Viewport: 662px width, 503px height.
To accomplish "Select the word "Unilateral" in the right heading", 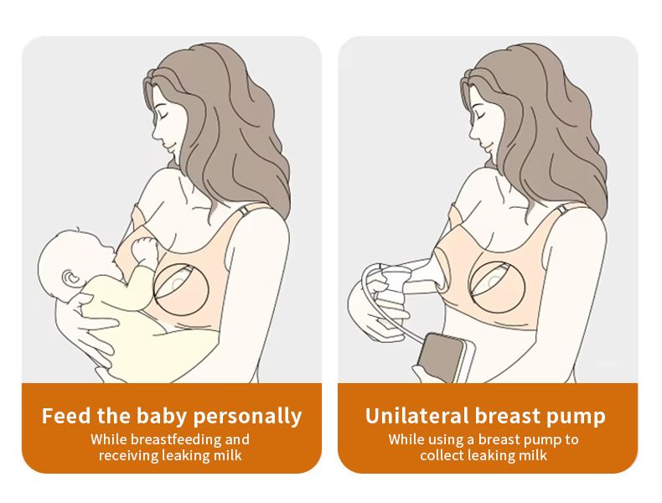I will [416, 416].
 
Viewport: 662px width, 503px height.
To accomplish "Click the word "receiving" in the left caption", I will [125, 455].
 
